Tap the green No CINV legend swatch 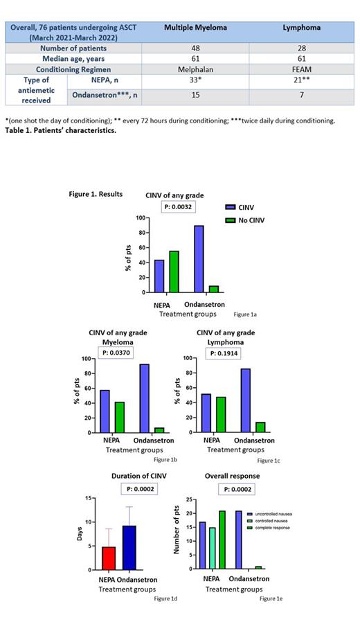click(x=232, y=221)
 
